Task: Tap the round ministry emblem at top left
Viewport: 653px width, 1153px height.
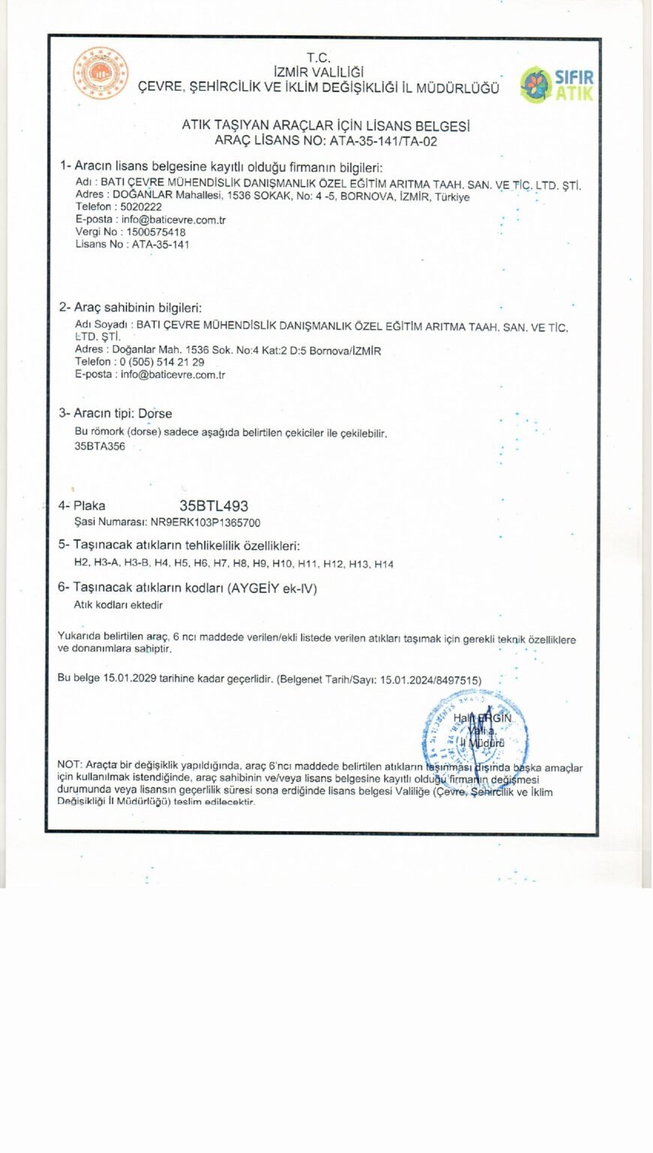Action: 100,74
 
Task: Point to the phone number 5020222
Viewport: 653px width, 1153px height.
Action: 141,207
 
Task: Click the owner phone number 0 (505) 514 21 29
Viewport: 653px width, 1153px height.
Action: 158,362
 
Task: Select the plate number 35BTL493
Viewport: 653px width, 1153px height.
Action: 214,506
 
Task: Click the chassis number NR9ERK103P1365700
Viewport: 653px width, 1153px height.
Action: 206,522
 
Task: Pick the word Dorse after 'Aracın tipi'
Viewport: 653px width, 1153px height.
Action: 155,414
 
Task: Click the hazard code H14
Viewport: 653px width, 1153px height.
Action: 384,564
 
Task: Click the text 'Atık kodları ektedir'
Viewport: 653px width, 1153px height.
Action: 118,604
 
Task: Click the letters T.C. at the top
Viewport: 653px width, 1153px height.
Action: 318,58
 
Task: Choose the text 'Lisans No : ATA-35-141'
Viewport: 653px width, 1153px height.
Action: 132,245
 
